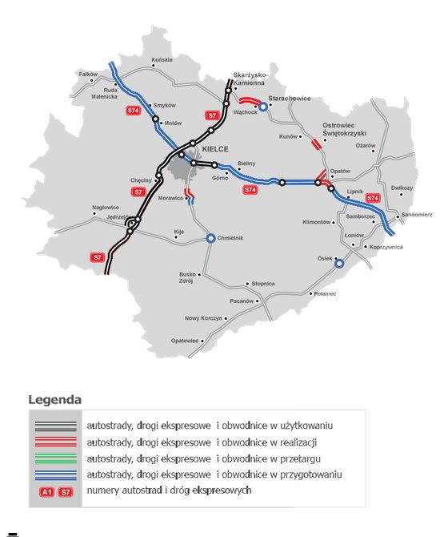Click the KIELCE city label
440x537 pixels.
pyautogui.click(x=215, y=149)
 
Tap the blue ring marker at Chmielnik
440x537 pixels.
pyautogui.click(x=211, y=238)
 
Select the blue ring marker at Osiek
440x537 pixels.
pyautogui.click(x=338, y=263)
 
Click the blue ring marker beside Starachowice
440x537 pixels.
pyautogui.click(x=263, y=106)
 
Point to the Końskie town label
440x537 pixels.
pyautogui.click(x=162, y=60)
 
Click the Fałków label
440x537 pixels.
pyautogui.click(x=87, y=74)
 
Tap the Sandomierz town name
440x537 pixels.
pyautogui.click(x=417, y=215)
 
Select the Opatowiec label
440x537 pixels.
pyautogui.click(x=184, y=341)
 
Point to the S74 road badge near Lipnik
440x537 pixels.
pyautogui.click(x=372, y=197)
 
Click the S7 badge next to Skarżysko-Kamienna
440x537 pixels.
pyautogui.click(x=212, y=115)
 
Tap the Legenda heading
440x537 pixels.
pyautogui.click(x=54, y=398)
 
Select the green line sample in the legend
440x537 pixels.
pyautogui.click(x=56, y=458)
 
